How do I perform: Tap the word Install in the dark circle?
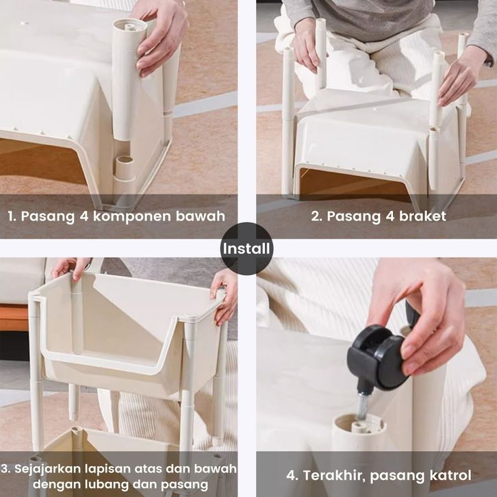[246, 248]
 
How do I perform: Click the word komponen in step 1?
[131, 216]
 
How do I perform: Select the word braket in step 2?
[422, 216]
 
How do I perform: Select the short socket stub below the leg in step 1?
[125, 168]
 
